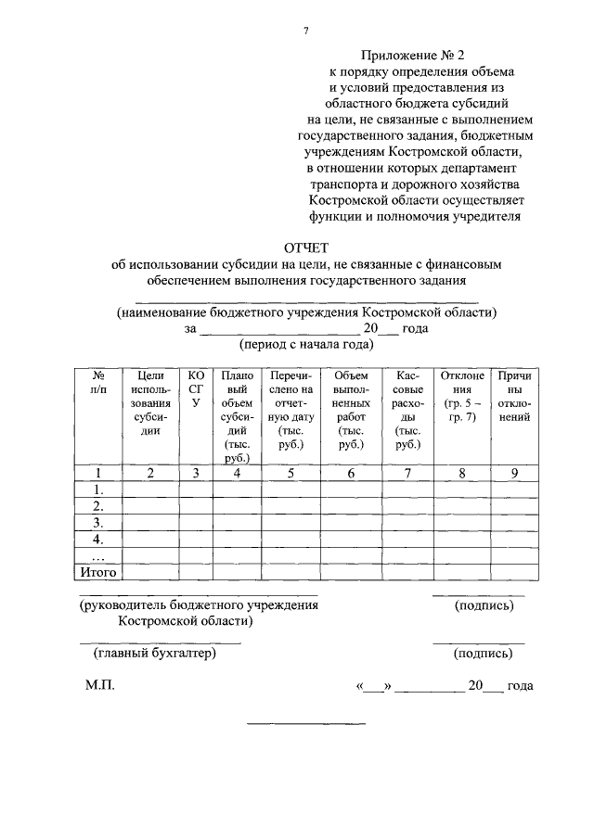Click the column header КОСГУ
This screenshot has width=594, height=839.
click(x=195, y=389)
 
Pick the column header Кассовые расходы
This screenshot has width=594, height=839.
click(x=408, y=409)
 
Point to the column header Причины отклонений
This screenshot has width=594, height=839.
click(x=514, y=396)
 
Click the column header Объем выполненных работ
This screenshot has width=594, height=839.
click(x=351, y=409)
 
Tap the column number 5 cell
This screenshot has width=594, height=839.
click(x=291, y=474)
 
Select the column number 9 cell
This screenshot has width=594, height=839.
click(x=514, y=474)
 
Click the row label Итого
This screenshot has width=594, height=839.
click(x=97, y=572)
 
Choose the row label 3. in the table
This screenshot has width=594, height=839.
click(x=97, y=522)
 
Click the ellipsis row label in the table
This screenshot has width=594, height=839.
click(x=97, y=556)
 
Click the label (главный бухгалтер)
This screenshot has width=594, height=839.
click(x=154, y=654)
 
